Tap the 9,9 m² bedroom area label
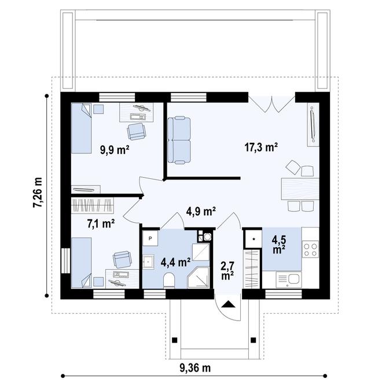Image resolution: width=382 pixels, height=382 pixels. pos(113,150)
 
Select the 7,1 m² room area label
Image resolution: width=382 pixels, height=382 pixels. pos(100,223)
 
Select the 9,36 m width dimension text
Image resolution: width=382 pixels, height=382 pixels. pos(194,368)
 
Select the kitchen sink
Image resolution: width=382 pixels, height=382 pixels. pos(290,280)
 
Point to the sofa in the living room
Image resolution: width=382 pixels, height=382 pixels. pos(178,139)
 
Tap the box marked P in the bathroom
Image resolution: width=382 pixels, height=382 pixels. pos(150,238)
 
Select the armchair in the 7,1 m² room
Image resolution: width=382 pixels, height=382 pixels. pos(122,259)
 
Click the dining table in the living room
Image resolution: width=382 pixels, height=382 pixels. pos(299,188)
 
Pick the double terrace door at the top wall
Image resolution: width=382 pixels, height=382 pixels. pos(272,101)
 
